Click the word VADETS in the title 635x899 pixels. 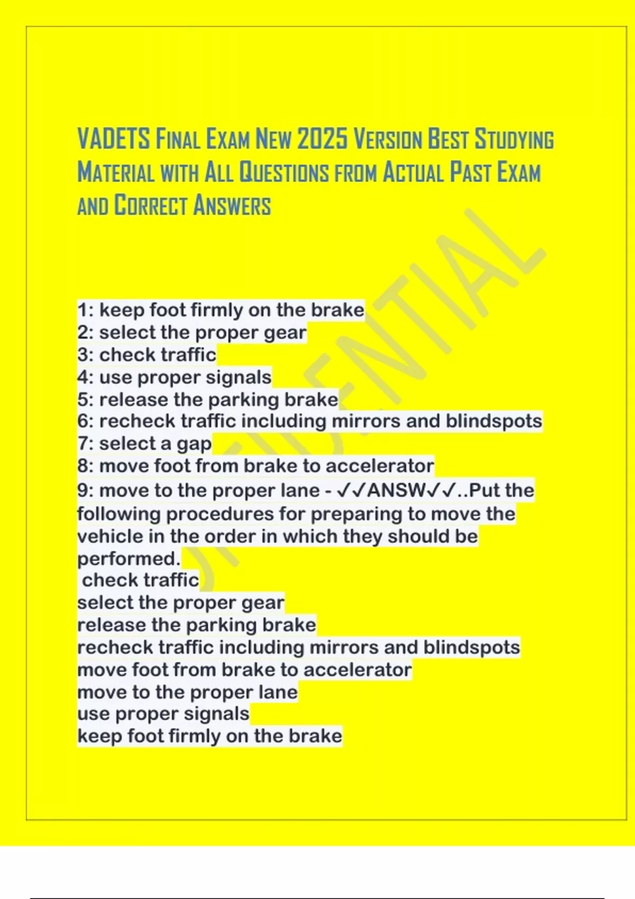(114, 140)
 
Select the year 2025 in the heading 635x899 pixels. (322, 140)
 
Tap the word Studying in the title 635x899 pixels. (514, 140)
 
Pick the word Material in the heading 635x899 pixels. (116, 173)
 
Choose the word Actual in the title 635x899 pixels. (413, 173)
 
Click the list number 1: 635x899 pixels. (85, 310)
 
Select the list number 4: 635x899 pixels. (86, 377)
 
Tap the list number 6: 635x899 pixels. (86, 421)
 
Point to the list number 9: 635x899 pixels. (86, 490)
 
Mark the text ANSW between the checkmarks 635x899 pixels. (396, 490)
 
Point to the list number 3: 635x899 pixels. (86, 355)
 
